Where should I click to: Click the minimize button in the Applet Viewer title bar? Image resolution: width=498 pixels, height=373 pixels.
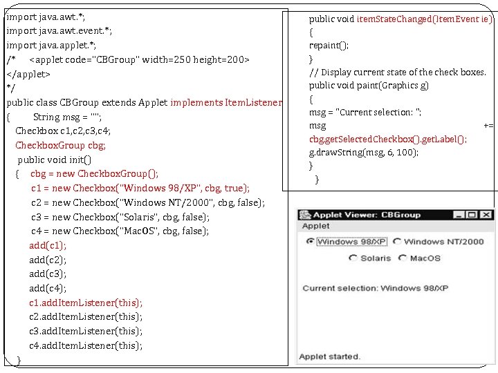click(459, 215)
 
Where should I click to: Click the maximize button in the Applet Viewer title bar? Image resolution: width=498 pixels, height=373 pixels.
click(472, 215)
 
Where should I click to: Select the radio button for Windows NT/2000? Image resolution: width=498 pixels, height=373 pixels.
click(397, 242)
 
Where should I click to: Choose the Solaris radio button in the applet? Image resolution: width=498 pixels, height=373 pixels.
click(353, 258)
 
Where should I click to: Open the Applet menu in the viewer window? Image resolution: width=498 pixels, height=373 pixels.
click(316, 226)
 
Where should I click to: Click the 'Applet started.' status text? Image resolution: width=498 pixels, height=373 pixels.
click(329, 356)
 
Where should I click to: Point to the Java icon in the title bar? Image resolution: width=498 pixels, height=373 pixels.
click(306, 215)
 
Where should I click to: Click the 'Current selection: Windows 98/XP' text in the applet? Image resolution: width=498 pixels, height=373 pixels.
click(375, 288)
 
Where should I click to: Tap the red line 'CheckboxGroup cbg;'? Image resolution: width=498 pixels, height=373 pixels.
click(60, 145)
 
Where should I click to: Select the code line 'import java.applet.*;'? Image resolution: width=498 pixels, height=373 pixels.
click(51, 45)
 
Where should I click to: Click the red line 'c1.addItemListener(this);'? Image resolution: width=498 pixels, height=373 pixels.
click(86, 303)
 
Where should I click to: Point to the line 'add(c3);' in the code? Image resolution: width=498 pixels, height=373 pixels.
click(48, 274)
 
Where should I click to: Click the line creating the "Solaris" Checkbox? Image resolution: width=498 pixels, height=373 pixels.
click(120, 217)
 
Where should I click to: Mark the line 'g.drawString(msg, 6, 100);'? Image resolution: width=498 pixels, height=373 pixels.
click(363, 152)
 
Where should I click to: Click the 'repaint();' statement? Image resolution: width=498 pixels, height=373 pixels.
click(329, 45)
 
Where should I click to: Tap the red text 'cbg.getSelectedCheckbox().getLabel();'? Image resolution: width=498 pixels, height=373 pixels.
click(387, 139)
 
